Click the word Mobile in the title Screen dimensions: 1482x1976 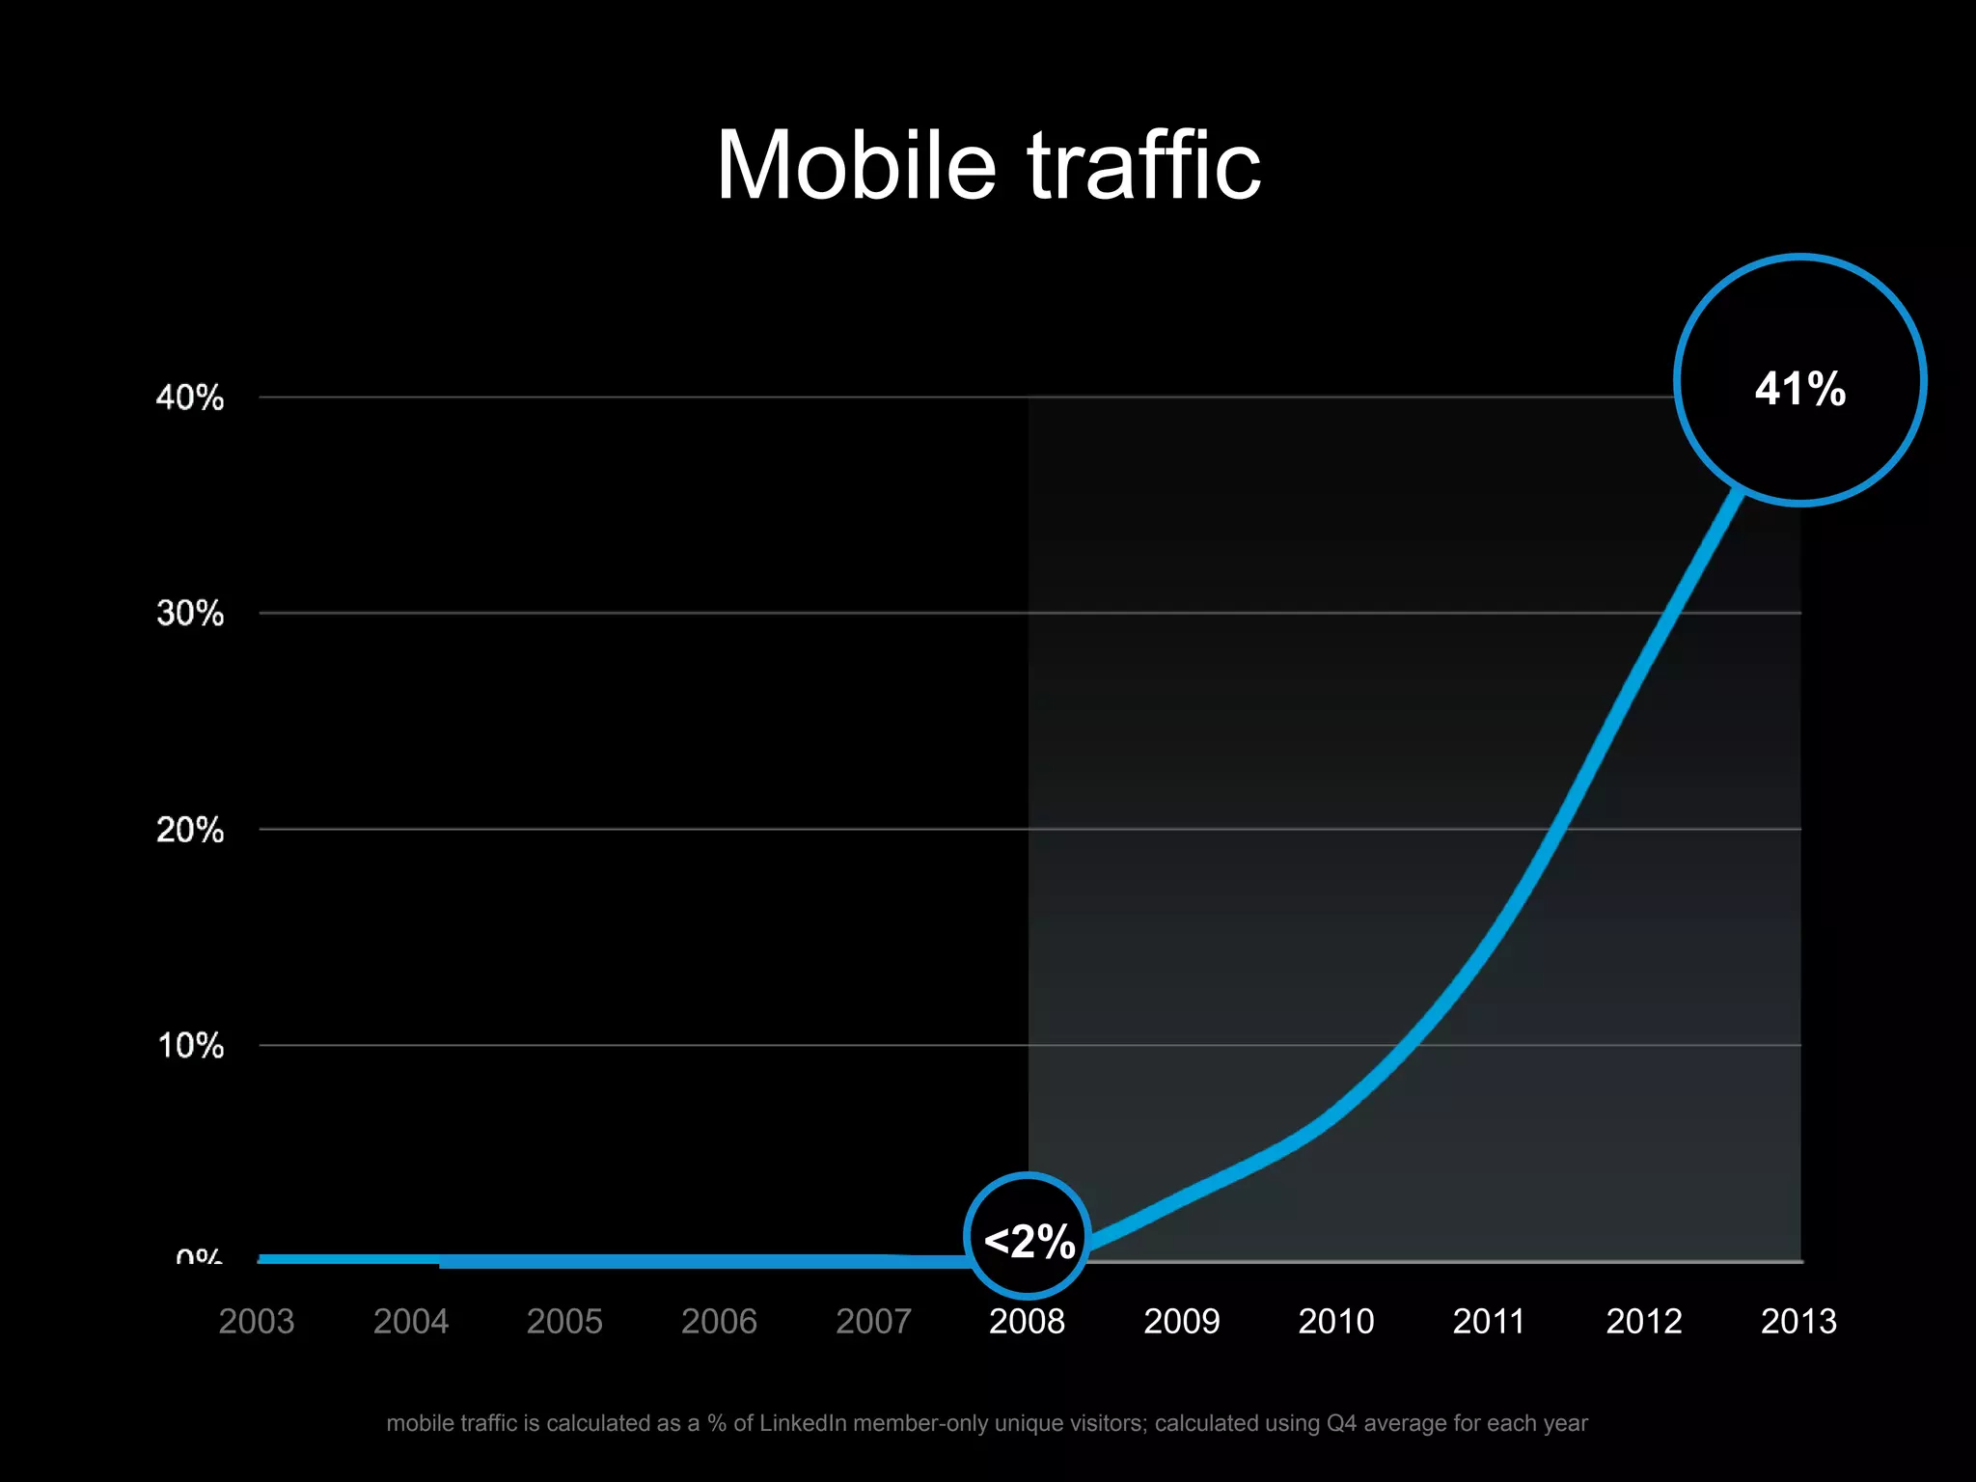[856, 166]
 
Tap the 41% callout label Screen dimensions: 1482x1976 [1800, 389]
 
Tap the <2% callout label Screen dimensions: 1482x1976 [1029, 1241]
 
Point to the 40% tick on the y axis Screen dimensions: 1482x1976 [190, 398]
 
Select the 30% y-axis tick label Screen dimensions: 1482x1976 [190, 614]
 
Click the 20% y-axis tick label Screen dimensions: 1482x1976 [190, 830]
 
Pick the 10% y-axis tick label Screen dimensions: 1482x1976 [190, 1046]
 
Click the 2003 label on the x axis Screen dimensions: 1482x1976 [257, 1321]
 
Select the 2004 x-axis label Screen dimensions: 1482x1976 [411, 1321]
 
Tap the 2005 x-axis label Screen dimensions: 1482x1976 [564, 1321]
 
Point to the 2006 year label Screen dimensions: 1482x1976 [719, 1321]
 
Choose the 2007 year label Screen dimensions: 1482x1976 [873, 1321]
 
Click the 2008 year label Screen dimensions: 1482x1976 [1027, 1321]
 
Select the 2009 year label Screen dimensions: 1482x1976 [1182, 1321]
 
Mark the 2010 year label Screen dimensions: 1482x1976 [1336, 1321]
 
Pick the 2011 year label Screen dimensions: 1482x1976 [1489, 1321]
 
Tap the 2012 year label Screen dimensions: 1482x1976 [1644, 1321]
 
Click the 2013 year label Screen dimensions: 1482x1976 [1798, 1321]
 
